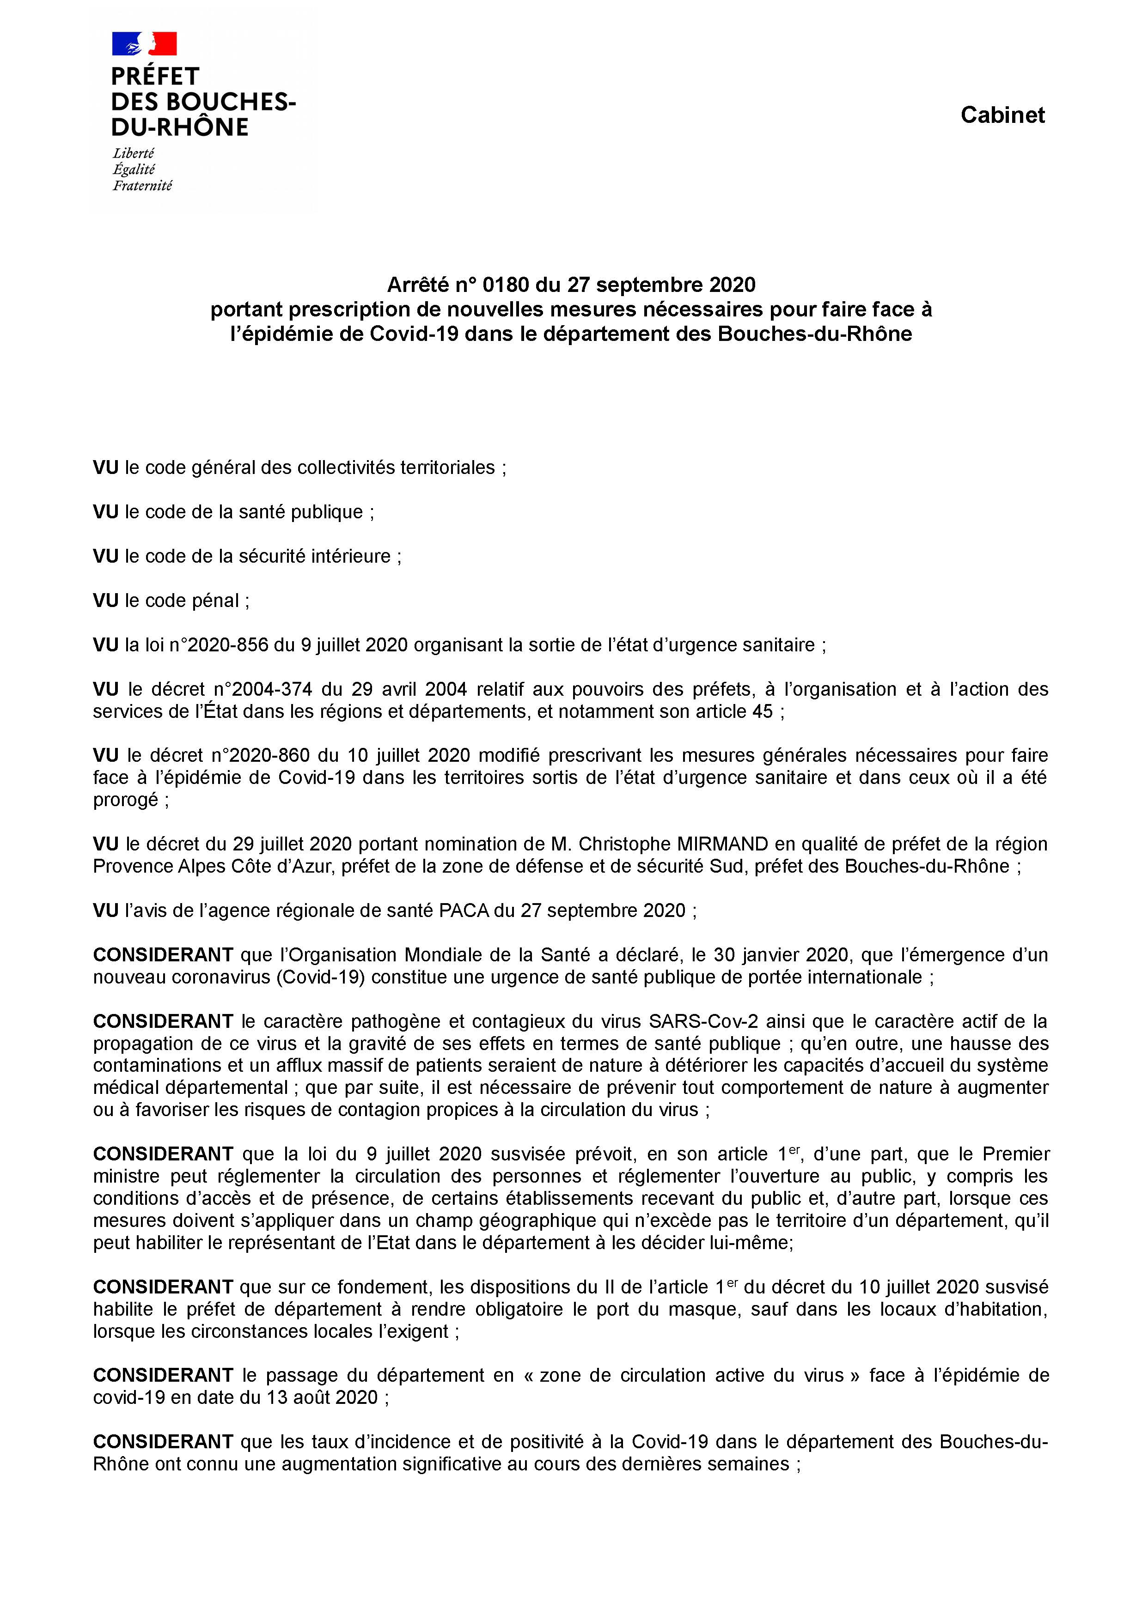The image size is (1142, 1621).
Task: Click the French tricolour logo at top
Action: point(144,44)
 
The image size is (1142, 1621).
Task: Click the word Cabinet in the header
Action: point(1002,115)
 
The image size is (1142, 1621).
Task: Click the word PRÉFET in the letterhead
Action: point(155,76)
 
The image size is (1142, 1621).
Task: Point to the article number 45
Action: point(763,712)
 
